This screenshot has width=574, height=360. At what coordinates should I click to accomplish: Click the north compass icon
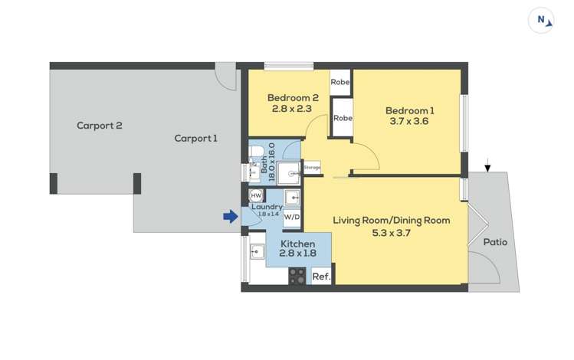click(541, 21)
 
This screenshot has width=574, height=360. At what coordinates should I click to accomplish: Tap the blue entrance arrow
click(231, 216)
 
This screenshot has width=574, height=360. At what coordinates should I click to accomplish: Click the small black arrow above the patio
click(487, 165)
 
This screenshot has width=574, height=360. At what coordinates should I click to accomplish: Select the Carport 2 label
click(99, 126)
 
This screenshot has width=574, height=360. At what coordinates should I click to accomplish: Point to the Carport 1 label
click(195, 139)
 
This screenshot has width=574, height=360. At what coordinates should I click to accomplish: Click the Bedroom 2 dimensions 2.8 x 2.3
click(292, 108)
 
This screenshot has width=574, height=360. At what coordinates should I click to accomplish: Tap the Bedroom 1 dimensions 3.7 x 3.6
click(409, 121)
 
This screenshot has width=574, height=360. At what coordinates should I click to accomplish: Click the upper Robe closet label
click(340, 82)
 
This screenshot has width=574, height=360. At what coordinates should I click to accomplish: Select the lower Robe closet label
click(343, 118)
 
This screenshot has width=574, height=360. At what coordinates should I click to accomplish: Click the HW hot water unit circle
click(256, 196)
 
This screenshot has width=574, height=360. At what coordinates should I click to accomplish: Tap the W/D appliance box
click(292, 217)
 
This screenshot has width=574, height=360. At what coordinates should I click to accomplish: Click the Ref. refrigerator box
click(321, 277)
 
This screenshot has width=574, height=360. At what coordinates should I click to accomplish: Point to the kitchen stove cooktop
click(297, 277)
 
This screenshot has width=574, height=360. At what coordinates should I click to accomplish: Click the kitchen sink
click(257, 252)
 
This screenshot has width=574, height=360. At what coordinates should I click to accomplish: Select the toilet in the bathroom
click(255, 151)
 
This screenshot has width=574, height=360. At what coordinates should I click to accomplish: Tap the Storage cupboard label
click(312, 168)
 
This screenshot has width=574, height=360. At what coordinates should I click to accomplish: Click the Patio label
click(495, 242)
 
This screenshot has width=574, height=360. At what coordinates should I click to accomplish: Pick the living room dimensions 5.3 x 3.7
click(392, 233)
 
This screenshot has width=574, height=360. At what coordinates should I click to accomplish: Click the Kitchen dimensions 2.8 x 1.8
click(297, 253)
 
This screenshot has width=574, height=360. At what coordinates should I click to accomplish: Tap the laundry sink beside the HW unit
click(292, 198)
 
